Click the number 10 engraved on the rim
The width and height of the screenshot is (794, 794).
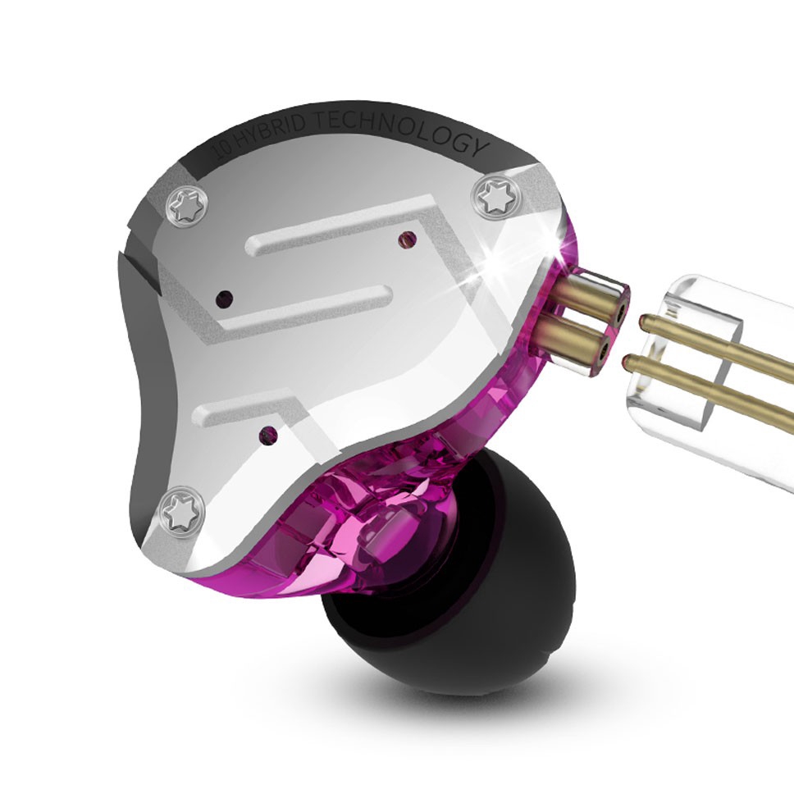(221, 150)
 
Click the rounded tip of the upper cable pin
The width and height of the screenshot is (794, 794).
(645, 320)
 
